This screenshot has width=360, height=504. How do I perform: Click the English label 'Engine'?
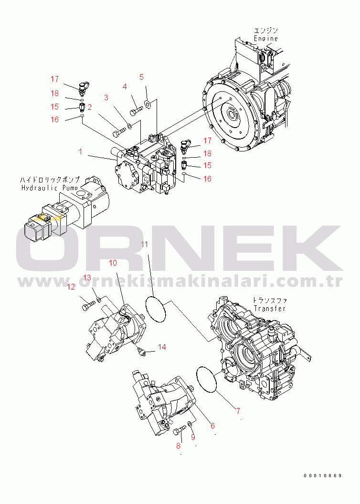(x=265, y=38)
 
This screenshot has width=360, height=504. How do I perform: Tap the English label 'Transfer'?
(x=270, y=309)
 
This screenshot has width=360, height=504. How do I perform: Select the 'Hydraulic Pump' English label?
(x=49, y=188)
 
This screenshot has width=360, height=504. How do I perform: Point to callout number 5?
(x=141, y=76)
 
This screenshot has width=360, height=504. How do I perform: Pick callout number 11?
(x=144, y=246)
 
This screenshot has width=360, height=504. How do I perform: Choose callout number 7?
(x=237, y=410)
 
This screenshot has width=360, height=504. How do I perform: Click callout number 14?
(x=162, y=347)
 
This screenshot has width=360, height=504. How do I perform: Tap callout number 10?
(x=113, y=263)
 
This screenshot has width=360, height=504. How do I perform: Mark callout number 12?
(x=71, y=287)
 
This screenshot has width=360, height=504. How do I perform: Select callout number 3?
(x=106, y=97)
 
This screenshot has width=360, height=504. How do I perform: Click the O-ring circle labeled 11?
(x=156, y=309)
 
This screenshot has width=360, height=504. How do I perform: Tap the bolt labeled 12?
(x=87, y=304)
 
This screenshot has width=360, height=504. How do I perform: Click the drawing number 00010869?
(x=323, y=475)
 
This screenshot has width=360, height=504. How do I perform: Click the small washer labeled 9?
(x=190, y=424)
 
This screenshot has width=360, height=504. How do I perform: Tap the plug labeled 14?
(x=142, y=352)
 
